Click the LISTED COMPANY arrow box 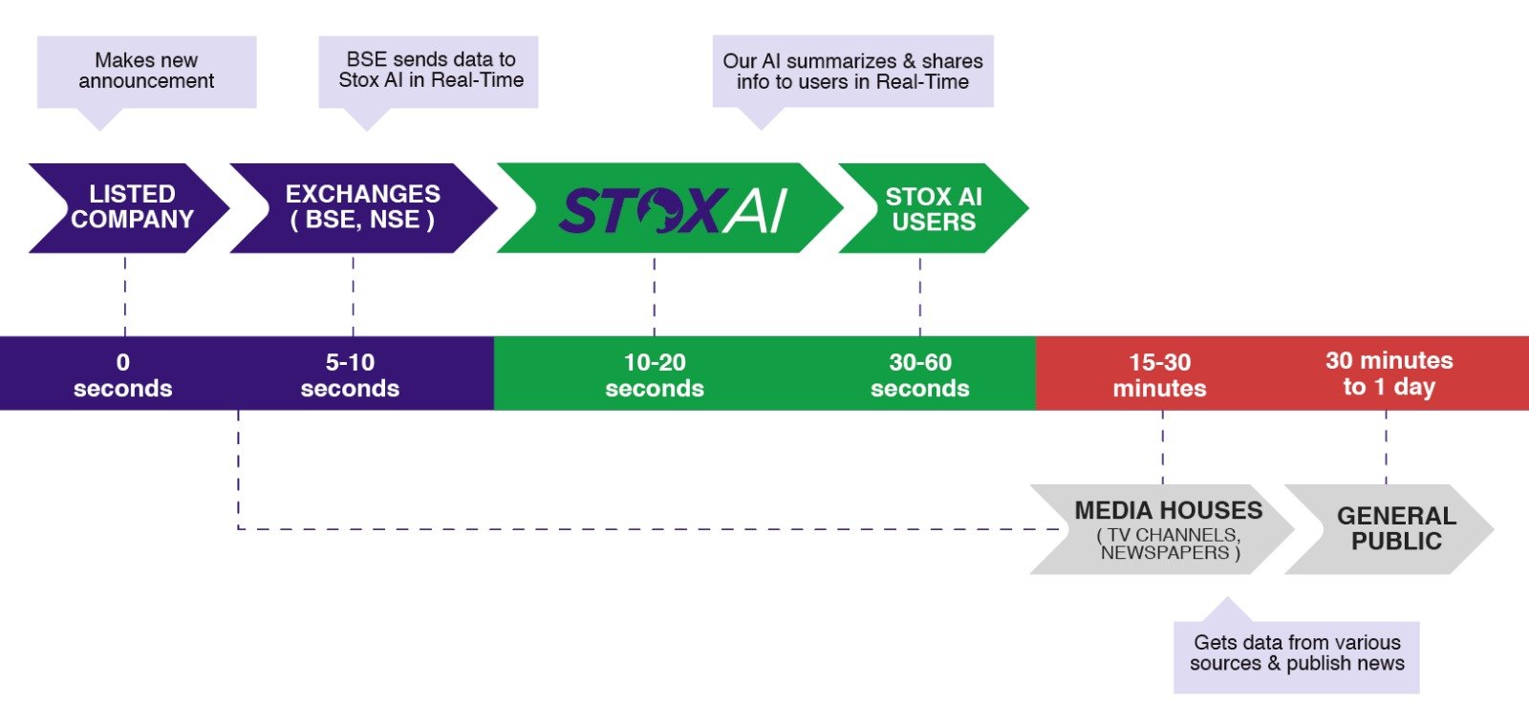[130, 207]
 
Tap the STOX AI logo [674, 209]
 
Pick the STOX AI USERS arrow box [933, 209]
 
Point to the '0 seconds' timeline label [123, 374]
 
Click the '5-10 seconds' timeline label [350, 374]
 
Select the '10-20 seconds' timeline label [655, 374]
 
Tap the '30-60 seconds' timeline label [919, 374]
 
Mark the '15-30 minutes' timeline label [1160, 374]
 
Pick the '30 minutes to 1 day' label [1389, 374]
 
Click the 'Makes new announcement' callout [146, 72]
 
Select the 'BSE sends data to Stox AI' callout [430, 71]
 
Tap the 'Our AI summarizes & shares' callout [852, 72]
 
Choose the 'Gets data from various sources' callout [1297, 653]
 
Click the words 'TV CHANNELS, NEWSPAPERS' [1170, 544]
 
